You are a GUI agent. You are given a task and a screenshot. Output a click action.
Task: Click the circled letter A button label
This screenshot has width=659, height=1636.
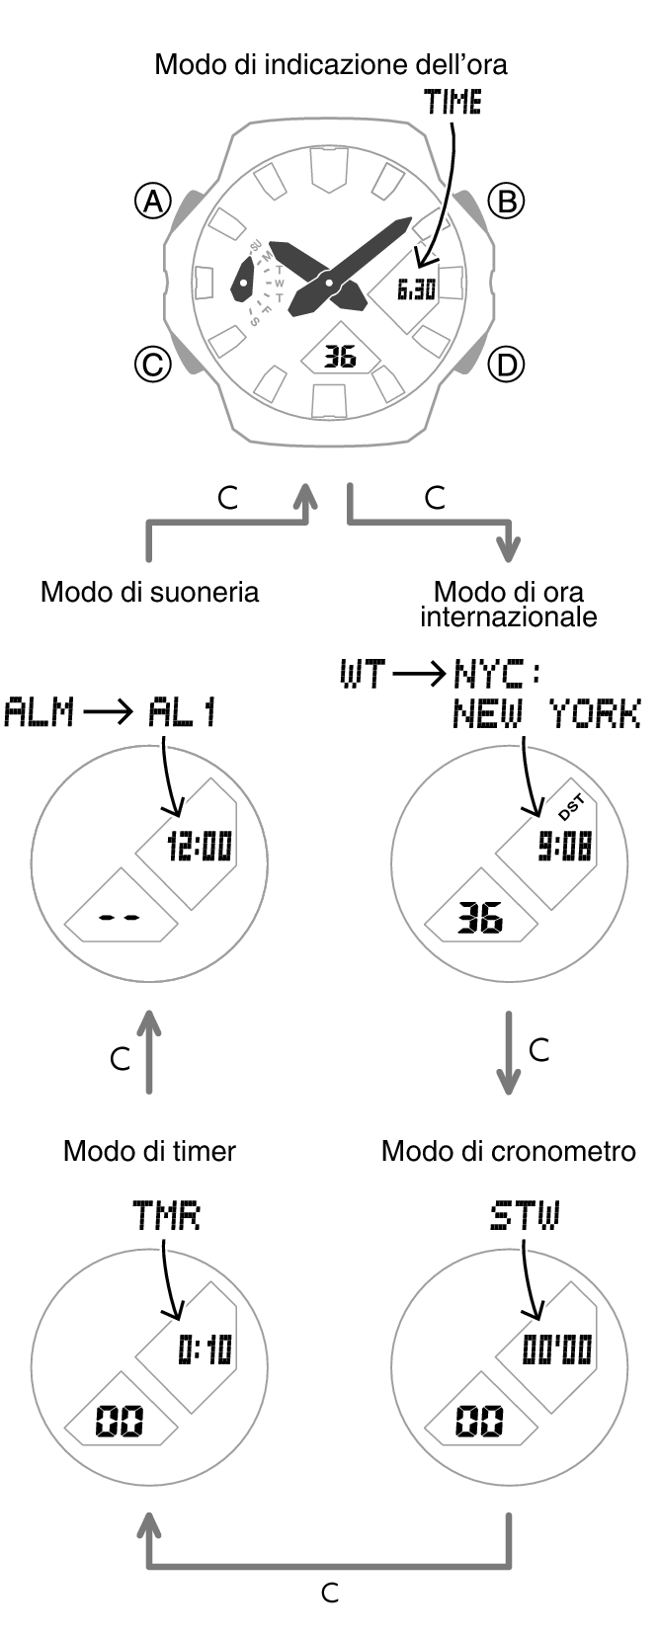(x=152, y=202)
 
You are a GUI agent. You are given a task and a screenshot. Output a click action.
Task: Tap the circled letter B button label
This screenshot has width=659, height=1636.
(x=507, y=202)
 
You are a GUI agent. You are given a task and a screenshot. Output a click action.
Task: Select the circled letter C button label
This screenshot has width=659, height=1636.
(x=152, y=365)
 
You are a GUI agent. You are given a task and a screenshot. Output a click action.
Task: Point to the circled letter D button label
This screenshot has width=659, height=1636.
(x=507, y=366)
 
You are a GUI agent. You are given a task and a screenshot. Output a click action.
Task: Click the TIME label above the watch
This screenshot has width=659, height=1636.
(x=453, y=103)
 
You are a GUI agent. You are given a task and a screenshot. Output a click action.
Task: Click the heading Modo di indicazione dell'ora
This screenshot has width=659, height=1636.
(x=331, y=65)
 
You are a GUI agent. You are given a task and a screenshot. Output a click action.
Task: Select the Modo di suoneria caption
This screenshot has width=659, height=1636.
(x=150, y=592)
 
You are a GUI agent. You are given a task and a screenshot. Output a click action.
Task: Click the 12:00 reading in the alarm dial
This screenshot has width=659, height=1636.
(x=200, y=847)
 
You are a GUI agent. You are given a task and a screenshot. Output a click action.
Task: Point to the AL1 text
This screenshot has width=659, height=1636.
(x=183, y=712)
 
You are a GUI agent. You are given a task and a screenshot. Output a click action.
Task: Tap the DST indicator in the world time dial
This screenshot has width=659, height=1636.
(x=572, y=808)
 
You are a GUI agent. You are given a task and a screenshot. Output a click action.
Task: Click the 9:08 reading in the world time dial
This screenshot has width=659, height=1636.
(x=564, y=847)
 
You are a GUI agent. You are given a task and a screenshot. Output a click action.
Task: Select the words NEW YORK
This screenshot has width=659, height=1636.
(x=546, y=713)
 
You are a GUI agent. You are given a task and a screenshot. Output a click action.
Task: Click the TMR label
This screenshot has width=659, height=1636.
(x=166, y=1216)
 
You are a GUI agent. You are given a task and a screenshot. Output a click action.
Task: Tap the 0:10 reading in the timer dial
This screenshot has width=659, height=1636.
(x=205, y=1350)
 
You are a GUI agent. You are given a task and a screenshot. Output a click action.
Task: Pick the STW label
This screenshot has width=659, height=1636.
(x=525, y=1216)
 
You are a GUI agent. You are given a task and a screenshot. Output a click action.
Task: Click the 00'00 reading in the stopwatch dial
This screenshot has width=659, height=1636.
(x=557, y=1350)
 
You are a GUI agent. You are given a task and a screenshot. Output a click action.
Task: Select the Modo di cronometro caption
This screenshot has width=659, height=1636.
(x=508, y=1151)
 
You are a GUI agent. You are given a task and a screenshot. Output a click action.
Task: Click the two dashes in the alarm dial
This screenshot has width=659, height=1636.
(x=121, y=918)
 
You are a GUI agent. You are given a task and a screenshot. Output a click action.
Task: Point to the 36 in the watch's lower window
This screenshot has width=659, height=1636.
(x=340, y=356)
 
